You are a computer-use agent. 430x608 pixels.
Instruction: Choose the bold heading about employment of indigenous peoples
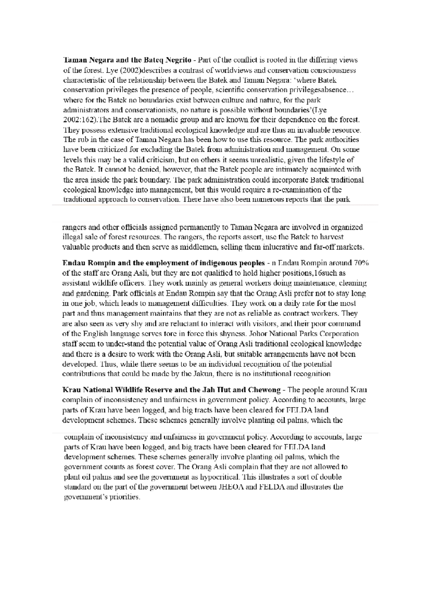(163, 263)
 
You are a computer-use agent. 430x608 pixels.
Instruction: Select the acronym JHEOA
(229, 487)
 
